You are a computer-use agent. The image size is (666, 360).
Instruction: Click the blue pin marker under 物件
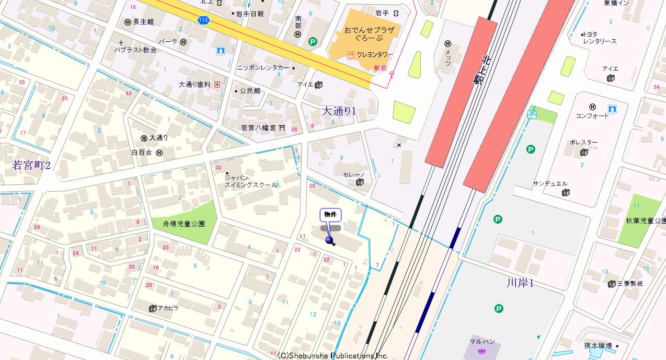pyautogui.click(x=330, y=240)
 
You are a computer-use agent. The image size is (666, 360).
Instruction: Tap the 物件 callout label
pyautogui.click(x=330, y=215)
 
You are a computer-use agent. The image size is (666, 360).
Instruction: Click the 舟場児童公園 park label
pyautogui.click(x=179, y=224)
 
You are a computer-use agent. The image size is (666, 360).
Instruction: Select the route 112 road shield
pyautogui.click(x=203, y=20)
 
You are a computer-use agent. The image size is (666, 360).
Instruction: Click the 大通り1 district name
pyautogui.click(x=338, y=111)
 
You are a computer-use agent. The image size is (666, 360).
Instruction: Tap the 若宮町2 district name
pyautogui.click(x=31, y=166)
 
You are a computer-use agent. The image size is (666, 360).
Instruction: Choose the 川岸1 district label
pyautogui.click(x=520, y=283)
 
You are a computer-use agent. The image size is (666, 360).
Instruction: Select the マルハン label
pyautogui.click(x=482, y=342)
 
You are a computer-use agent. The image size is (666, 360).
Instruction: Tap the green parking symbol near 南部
pyautogui.click(x=313, y=42)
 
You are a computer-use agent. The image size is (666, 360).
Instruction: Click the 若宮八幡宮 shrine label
pyautogui.click(x=258, y=127)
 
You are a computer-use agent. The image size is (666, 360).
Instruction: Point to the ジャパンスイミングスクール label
pyautogui.click(x=251, y=181)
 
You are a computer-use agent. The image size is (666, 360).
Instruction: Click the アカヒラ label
pyautogui.click(x=168, y=308)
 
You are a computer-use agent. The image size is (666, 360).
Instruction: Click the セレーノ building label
pyautogui.click(x=353, y=175)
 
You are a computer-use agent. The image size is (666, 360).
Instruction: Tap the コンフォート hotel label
pyautogui.click(x=592, y=116)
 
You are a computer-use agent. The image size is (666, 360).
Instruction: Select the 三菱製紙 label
pyautogui.click(x=630, y=284)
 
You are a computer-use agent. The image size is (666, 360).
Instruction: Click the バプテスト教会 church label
pyautogui.click(x=136, y=50)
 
